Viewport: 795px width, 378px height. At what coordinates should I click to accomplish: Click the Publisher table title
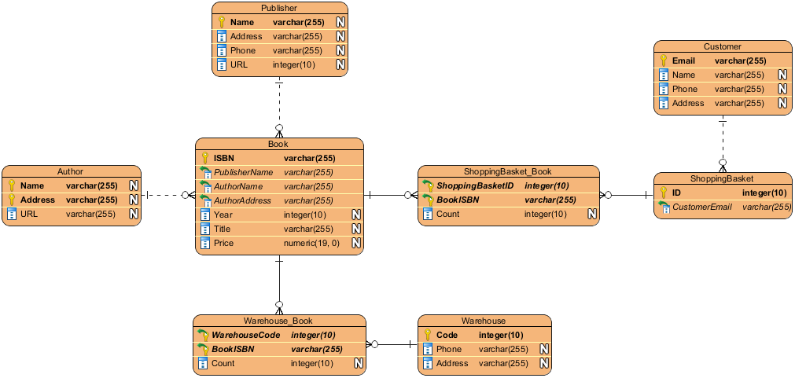point(279,8)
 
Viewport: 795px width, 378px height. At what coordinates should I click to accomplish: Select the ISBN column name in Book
point(223,158)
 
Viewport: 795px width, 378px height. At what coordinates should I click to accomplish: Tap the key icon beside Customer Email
point(663,61)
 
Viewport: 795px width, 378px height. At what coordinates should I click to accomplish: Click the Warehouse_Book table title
point(278,321)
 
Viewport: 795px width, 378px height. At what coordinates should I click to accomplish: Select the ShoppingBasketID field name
point(476,185)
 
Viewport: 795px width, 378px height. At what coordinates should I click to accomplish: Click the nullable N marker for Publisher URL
point(340,65)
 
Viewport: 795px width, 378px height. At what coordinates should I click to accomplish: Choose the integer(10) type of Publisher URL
point(293,65)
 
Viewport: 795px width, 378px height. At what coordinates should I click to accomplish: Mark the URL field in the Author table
point(29,214)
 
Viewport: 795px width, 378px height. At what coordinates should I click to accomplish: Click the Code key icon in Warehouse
point(428,335)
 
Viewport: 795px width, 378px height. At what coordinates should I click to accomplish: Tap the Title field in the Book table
point(222,229)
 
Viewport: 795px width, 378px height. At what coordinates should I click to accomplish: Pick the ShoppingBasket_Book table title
point(507,171)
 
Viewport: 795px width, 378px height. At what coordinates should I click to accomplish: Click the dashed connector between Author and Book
point(168,195)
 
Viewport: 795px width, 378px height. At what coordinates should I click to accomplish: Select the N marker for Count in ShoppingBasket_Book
point(592,214)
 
